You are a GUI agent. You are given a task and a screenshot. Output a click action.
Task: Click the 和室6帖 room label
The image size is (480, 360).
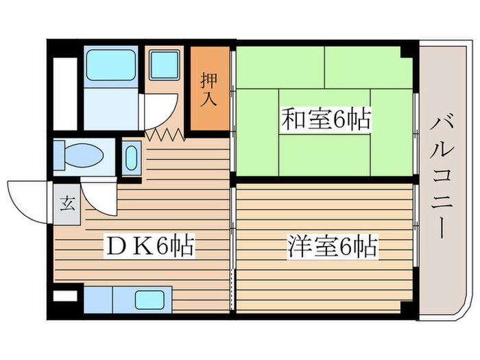tap(325, 121)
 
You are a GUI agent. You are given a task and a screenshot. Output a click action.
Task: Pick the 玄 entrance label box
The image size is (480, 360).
tap(66, 203)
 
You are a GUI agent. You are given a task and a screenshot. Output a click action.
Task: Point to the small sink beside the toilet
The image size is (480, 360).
tap(132, 157)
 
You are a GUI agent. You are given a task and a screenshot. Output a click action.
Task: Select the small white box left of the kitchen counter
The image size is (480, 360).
tap(66, 296)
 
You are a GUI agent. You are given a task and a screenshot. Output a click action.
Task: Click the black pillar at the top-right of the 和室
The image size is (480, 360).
tap(410, 49)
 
